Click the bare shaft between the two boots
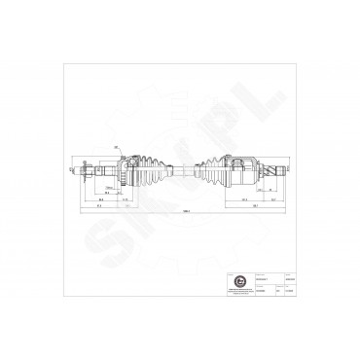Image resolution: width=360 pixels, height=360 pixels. [x=179, y=170]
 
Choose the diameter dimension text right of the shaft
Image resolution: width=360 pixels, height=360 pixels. [x=290, y=170]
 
